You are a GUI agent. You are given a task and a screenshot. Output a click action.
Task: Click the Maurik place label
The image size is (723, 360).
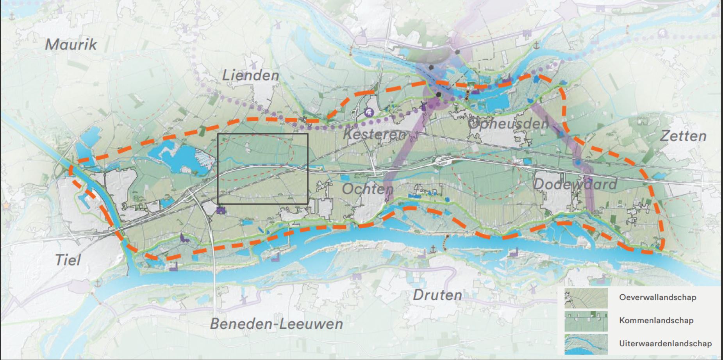click(x=71, y=45)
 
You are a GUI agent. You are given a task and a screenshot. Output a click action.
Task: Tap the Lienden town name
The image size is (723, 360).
click(x=250, y=75)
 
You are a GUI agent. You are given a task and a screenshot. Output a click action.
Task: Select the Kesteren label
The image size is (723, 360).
click(x=375, y=135)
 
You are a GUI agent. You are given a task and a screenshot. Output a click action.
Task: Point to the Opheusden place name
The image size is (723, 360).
click(x=508, y=124)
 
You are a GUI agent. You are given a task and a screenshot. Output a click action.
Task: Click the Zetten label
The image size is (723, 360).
click(x=683, y=136)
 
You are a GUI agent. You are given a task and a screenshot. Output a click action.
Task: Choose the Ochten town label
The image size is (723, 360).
click(x=368, y=189)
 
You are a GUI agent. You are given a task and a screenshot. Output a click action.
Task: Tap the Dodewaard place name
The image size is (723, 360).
click(x=575, y=184)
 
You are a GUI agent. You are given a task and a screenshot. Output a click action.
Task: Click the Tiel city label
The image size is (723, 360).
click(x=68, y=260)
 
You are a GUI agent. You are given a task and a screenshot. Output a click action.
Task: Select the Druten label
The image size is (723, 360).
click(x=437, y=295)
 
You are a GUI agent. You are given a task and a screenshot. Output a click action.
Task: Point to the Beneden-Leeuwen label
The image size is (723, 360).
click(x=277, y=323)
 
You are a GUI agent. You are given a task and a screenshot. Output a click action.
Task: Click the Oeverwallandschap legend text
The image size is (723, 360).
click(x=657, y=298)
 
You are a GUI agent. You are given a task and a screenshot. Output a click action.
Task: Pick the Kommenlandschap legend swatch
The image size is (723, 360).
click(x=586, y=321)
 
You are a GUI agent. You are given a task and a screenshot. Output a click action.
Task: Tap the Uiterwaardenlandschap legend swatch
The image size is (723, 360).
click(x=586, y=344)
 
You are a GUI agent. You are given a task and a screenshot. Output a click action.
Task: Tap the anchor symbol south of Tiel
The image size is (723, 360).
click(x=98, y=282)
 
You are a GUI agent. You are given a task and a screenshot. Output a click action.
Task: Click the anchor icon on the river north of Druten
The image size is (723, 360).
click(x=433, y=249)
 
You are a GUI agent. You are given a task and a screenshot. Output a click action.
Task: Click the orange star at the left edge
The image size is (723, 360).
click(x=5, y=205)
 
